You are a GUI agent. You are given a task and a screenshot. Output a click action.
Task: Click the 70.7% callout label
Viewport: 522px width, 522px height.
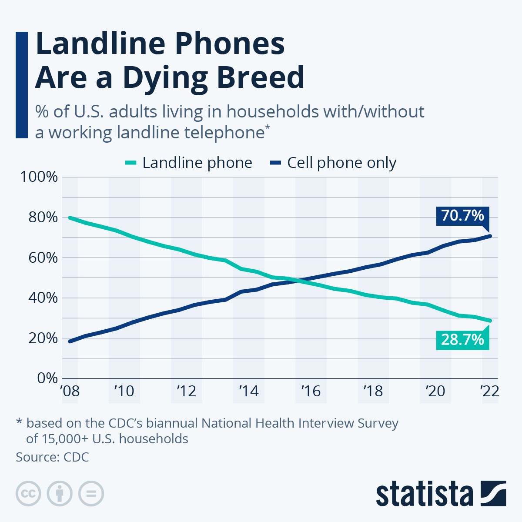(462, 215)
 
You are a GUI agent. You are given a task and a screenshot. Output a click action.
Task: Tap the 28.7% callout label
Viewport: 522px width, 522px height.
(462, 339)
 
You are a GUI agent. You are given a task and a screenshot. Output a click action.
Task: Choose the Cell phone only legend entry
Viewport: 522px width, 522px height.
(333, 163)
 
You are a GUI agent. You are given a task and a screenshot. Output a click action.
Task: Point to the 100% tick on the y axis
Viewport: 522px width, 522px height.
(39, 177)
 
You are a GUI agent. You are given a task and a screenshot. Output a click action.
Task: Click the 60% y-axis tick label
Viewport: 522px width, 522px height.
(43, 258)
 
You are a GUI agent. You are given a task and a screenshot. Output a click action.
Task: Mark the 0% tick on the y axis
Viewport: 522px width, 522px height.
(47, 378)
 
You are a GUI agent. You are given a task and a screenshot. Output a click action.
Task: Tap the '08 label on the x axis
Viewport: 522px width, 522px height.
(70, 391)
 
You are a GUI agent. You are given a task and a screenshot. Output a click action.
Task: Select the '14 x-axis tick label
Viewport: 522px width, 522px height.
(249, 391)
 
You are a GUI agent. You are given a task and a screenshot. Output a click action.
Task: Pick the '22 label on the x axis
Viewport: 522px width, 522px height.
(489, 391)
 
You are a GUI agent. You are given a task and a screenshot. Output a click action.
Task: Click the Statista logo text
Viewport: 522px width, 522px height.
(424, 494)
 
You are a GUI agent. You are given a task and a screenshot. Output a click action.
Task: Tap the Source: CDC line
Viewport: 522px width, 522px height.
(52, 457)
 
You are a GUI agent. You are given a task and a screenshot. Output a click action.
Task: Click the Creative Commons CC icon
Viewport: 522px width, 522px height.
(28, 494)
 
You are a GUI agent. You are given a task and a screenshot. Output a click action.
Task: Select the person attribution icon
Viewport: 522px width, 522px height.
(60, 494)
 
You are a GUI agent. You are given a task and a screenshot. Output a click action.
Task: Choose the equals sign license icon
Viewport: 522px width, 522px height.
(91, 494)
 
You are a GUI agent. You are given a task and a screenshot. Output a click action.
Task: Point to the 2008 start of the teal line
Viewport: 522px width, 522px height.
(70, 217)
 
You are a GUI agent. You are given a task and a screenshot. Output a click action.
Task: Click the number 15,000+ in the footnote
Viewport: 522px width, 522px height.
(65, 438)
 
